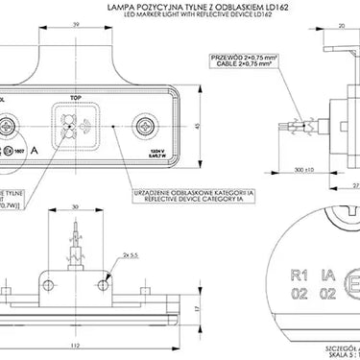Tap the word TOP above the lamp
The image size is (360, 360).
[78, 98]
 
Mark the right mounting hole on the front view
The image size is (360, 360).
[146, 126]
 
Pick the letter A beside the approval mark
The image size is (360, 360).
[36, 151]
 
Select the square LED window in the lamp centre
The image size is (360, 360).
[73, 126]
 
